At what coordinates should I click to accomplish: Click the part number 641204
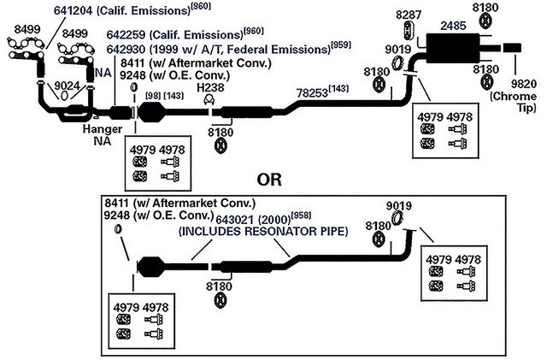(73, 10)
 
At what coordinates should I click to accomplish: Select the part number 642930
(126, 50)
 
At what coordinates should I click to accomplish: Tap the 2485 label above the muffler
(453, 26)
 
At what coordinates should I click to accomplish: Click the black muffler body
(453, 48)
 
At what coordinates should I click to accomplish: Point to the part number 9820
(524, 84)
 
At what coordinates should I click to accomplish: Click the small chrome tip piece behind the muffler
(512, 48)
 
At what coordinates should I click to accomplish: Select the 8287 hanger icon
(409, 30)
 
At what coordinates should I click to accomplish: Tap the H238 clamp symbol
(209, 100)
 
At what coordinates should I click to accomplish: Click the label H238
(210, 87)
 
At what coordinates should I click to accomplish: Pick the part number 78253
(312, 93)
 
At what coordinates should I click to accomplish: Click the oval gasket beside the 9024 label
(64, 96)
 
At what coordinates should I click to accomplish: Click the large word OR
(269, 180)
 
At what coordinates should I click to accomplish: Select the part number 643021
(236, 220)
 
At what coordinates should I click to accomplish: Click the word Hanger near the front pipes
(103, 129)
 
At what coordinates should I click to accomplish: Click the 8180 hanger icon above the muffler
(485, 21)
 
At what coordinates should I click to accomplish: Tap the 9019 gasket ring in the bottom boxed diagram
(397, 219)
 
